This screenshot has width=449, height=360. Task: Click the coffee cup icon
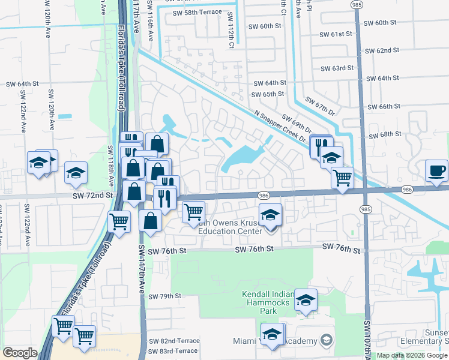pos(436,170)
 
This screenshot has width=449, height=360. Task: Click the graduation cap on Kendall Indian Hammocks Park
pos(306,301)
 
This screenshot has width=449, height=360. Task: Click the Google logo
pos(20,352)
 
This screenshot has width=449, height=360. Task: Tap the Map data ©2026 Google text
pos(412,356)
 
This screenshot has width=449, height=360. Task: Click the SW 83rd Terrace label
pos(173,351)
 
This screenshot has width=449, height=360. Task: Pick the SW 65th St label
pos(268,94)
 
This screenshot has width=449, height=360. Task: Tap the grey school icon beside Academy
pos(326,340)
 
